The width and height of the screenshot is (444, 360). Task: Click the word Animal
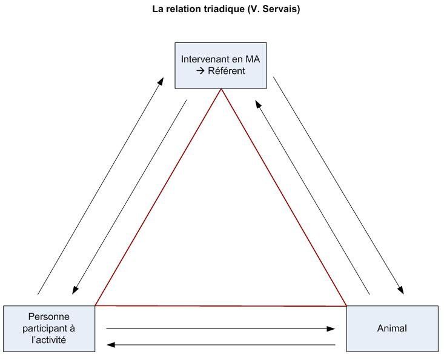391,328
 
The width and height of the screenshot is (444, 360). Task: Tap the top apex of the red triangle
221,90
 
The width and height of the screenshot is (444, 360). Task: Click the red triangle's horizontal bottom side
221,305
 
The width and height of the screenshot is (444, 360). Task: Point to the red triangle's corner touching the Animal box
346,305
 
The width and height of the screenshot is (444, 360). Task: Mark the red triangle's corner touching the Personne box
96,305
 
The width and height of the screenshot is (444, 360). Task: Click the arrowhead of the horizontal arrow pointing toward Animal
331,329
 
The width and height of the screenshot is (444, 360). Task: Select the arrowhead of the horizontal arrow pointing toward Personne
110,345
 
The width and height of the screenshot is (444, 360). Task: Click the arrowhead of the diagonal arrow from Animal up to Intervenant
259,103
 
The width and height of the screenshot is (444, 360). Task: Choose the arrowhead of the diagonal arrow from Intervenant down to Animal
402,291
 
